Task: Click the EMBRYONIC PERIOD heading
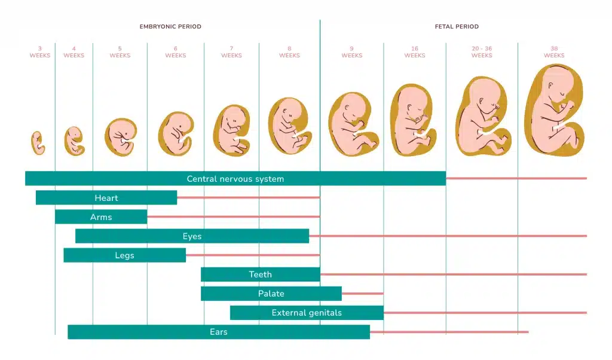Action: click(170, 26)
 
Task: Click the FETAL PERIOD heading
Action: click(457, 26)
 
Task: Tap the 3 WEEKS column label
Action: click(40, 52)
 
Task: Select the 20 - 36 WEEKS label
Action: click(482, 52)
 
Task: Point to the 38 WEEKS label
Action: click(554, 52)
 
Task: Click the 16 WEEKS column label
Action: click(414, 52)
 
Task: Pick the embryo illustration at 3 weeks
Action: click(38, 143)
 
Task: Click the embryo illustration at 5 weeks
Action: click(121, 137)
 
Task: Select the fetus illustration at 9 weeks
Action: click(353, 124)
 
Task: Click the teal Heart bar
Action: click(106, 198)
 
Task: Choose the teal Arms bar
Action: click(101, 217)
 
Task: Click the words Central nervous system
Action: click(235, 179)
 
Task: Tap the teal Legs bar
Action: click(124, 255)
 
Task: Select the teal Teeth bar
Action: click(260, 274)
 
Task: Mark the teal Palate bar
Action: click(271, 294)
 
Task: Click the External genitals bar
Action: click(307, 313)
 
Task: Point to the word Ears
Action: click(218, 332)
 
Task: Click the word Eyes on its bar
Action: click(192, 236)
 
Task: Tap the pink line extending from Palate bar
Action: click(362, 294)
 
